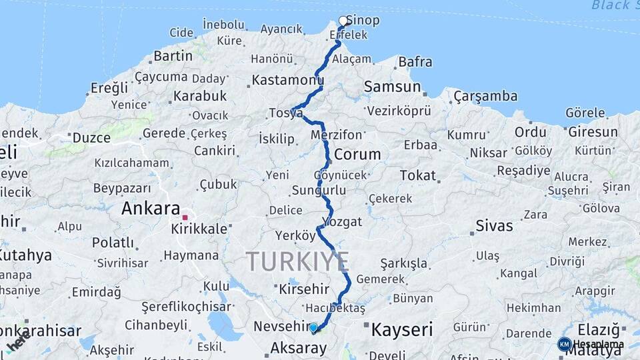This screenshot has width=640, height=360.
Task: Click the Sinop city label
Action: pos(364,20)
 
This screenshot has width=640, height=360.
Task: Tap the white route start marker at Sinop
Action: pos(343,21)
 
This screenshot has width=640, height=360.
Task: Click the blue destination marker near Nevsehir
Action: pos(313,327)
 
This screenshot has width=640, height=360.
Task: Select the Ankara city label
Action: pos(151,208)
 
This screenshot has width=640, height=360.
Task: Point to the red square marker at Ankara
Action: pos(185,217)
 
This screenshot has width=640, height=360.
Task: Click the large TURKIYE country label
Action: pos(297,261)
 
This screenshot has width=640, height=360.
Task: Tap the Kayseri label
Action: pos(402,329)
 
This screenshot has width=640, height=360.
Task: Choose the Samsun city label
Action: pos(393,87)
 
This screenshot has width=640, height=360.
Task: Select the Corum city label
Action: pos(357,155)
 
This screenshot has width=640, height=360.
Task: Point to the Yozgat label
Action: pos(341,221)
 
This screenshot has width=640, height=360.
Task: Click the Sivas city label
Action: pos(494,225)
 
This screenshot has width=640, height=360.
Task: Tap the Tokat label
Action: pos(418,176)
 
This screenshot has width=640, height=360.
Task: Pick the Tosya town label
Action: pos(286,113)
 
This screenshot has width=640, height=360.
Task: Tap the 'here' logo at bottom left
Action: pos(19,341)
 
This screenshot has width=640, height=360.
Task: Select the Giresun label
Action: pos(593,132)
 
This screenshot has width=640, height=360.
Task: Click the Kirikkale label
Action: pos(199,228)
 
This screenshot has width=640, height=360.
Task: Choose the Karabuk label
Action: pos(200,96)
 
